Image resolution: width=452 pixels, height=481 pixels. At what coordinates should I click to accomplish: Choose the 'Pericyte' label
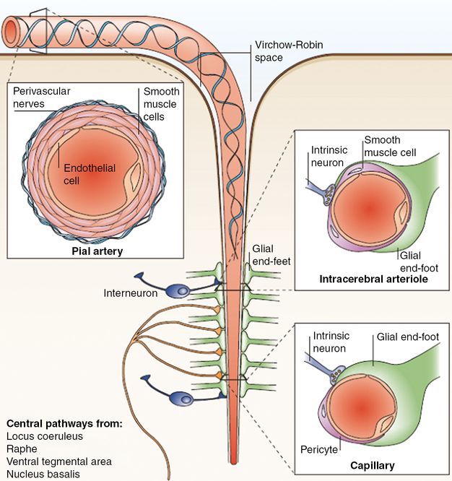click(x=318, y=449)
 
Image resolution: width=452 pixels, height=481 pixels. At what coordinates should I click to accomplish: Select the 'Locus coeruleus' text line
click(x=45, y=437)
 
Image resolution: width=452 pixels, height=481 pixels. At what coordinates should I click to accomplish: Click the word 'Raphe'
click(x=21, y=449)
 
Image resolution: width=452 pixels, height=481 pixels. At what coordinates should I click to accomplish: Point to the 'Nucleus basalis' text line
click(x=43, y=474)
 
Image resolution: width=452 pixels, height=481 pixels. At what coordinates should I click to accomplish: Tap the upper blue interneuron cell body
click(x=177, y=290)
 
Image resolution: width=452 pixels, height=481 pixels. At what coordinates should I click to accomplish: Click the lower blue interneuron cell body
click(x=182, y=399)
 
